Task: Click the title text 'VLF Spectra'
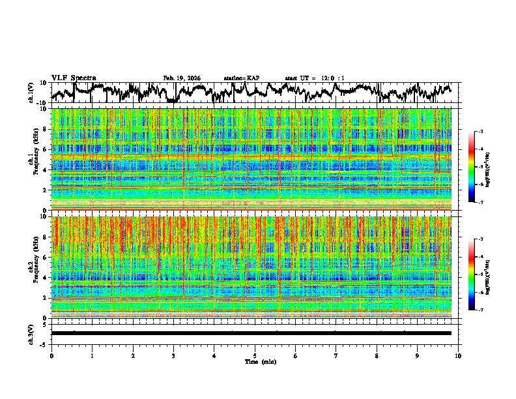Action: click(74, 78)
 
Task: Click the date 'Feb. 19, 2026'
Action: click(182, 78)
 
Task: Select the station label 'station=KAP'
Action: click(241, 78)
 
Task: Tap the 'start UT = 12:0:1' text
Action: click(315, 78)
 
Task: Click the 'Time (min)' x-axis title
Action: click(259, 361)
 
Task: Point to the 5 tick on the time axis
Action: click(255, 355)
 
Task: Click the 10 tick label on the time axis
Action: click(458, 355)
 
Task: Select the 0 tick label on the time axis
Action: click(51, 355)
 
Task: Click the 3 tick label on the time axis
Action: click(173, 355)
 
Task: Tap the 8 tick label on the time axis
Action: click(377, 355)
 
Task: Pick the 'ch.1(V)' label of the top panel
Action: click(31, 93)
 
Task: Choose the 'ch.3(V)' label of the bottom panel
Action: click(31, 332)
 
